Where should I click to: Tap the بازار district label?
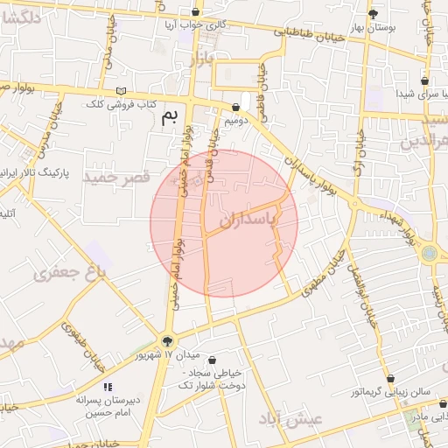coord(201,59)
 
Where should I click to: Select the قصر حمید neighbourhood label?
coord(111,178)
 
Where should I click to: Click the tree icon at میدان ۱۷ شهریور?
coord(168,341)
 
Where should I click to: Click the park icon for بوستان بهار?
coord(373,14)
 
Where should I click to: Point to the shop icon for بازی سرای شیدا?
coord(424,80)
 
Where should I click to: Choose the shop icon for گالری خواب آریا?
coord(195,12)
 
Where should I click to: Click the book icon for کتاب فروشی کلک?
coord(121,92)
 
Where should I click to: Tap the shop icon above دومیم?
coord(235,108)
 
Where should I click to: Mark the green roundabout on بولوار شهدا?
coord(430,255)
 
